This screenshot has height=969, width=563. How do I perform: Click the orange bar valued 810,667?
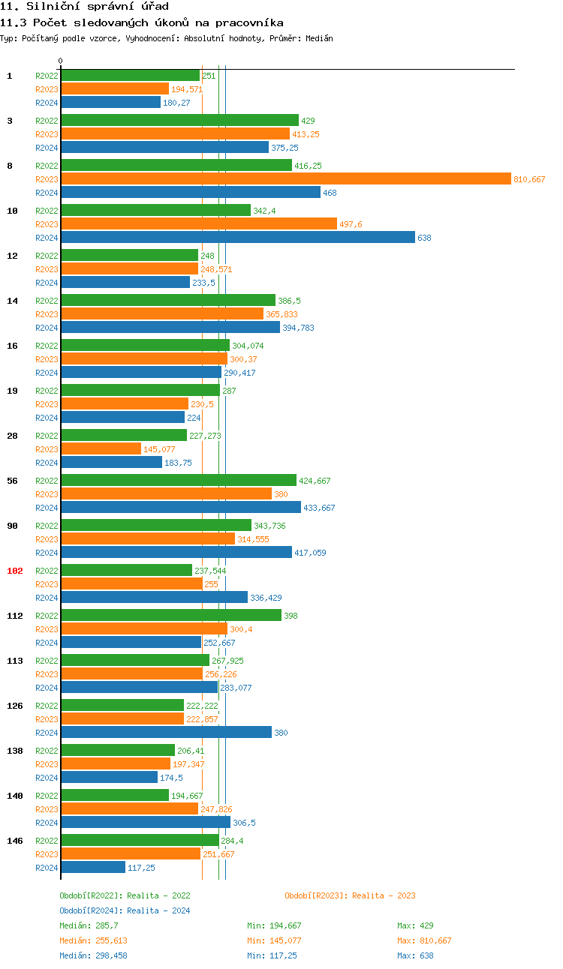(x=285, y=178)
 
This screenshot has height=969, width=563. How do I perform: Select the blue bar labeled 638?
(x=237, y=237)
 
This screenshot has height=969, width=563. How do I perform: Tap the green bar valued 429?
(x=179, y=120)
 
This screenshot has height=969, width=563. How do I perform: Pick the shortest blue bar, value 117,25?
(x=93, y=867)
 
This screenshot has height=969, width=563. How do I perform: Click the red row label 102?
(x=15, y=571)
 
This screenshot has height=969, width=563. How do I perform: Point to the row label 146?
(x=15, y=841)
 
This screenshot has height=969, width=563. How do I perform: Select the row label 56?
(x=12, y=481)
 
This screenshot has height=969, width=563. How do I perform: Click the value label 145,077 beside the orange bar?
(x=159, y=449)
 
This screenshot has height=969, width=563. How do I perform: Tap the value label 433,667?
(x=319, y=508)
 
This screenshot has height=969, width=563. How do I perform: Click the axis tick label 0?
(x=61, y=61)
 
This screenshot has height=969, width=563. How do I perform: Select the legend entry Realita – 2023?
(x=350, y=895)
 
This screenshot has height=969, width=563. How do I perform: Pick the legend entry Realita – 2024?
(x=125, y=910)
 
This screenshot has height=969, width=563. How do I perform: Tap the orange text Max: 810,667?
(x=424, y=940)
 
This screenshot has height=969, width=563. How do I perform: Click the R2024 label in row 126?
(x=47, y=733)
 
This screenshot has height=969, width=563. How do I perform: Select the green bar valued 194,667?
(x=115, y=795)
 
